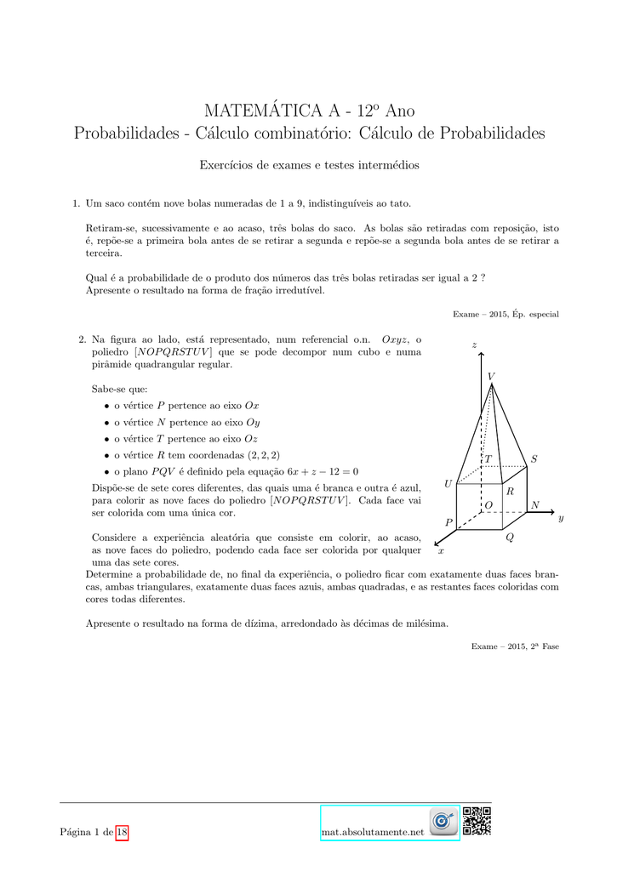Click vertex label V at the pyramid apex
[x=491, y=376]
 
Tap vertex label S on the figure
[x=534, y=459]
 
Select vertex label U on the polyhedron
[x=448, y=484]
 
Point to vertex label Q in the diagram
[x=510, y=538]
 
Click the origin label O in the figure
[x=488, y=505]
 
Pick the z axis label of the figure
[x=475, y=344]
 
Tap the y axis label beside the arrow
[x=561, y=518]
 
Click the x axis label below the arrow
[x=441, y=551]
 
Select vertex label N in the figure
[x=534, y=505]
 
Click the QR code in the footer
[x=477, y=822]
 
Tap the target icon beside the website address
[x=443, y=822]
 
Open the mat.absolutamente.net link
[x=373, y=831]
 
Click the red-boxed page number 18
[x=122, y=831]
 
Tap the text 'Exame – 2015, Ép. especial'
[x=506, y=314]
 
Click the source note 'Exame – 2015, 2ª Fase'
[x=515, y=646]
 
